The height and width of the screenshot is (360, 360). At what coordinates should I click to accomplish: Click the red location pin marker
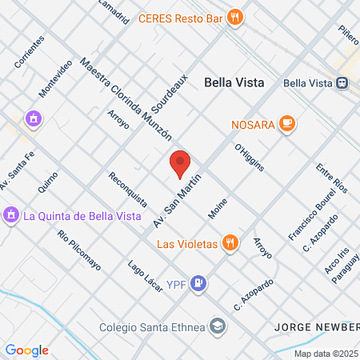(x=180, y=163)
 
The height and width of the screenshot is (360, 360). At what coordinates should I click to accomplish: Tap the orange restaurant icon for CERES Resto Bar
(x=234, y=17)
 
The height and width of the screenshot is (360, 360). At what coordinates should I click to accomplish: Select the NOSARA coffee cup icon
(x=287, y=124)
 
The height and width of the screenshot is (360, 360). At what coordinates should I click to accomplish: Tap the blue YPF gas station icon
(x=200, y=282)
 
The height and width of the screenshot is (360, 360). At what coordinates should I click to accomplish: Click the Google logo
(x=26, y=350)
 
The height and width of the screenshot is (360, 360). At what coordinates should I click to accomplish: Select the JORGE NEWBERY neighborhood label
(x=316, y=326)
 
